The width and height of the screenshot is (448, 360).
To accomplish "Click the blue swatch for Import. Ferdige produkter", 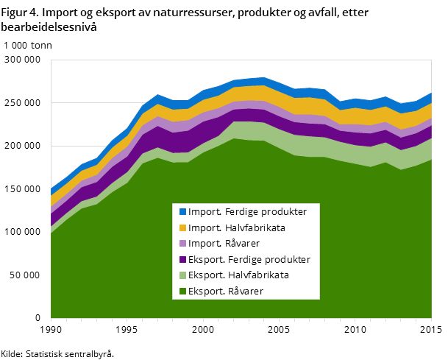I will pos(182,212).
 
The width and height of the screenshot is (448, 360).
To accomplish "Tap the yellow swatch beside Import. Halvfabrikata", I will pos(182,228).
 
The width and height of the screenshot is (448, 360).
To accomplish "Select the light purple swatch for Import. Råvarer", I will pos(182,244).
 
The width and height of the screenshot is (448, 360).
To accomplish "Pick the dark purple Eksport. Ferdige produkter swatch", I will pos(182,260).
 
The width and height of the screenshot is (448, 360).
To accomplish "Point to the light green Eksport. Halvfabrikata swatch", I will pos(182,275).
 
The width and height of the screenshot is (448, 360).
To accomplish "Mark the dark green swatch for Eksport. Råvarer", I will pos(182,292).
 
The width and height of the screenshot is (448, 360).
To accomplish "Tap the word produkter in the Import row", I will pos(281,212).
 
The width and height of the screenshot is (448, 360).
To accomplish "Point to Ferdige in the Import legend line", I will pos(235,212).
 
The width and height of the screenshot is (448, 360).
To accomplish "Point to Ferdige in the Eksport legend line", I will pos(238,260).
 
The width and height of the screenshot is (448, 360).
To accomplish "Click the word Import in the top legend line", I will pos(202,212).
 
